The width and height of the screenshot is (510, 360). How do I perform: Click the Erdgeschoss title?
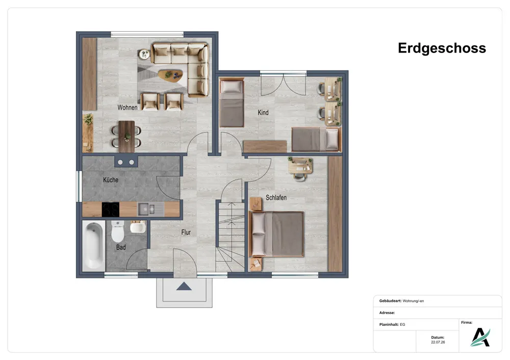pyautogui.click(x=442, y=48)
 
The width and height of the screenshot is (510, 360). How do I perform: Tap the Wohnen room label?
pyautogui.click(x=127, y=107)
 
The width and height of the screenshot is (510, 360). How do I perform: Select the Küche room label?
pyautogui.click(x=111, y=180)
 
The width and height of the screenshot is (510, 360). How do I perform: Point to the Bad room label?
pyautogui.click(x=121, y=247)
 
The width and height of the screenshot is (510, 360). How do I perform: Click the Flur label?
pyautogui.click(x=186, y=232)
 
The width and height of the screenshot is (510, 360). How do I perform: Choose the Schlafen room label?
pyautogui.click(x=276, y=197)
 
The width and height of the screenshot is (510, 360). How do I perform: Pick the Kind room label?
pyautogui.click(x=263, y=113)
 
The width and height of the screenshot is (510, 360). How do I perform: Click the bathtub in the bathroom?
pyautogui.click(x=94, y=245)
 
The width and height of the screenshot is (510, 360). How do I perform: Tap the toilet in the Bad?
pyautogui.click(x=118, y=231)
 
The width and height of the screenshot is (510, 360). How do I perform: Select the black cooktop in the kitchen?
pyautogui.click(x=111, y=210)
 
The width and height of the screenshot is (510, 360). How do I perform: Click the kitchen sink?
pyautogui.click(x=147, y=209)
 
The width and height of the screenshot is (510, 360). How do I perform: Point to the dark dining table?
pyautogui.click(x=126, y=137)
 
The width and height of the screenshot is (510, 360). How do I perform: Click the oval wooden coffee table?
pyautogui.click(x=170, y=76)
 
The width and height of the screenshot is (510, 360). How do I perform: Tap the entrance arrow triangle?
pyautogui.click(x=184, y=286)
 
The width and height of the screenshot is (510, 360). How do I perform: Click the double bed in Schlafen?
pyautogui.click(x=277, y=234)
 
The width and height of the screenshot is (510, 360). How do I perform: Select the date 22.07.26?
pyautogui.click(x=438, y=342)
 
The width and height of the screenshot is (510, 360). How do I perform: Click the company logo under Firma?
pyautogui.click(x=480, y=337)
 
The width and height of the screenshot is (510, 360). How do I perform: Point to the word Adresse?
pyautogui.click(x=387, y=313)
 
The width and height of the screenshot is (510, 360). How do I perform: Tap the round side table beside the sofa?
pyautogui.click(x=143, y=55)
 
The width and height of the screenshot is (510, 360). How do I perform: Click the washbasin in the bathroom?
pyautogui.click(x=138, y=226)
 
